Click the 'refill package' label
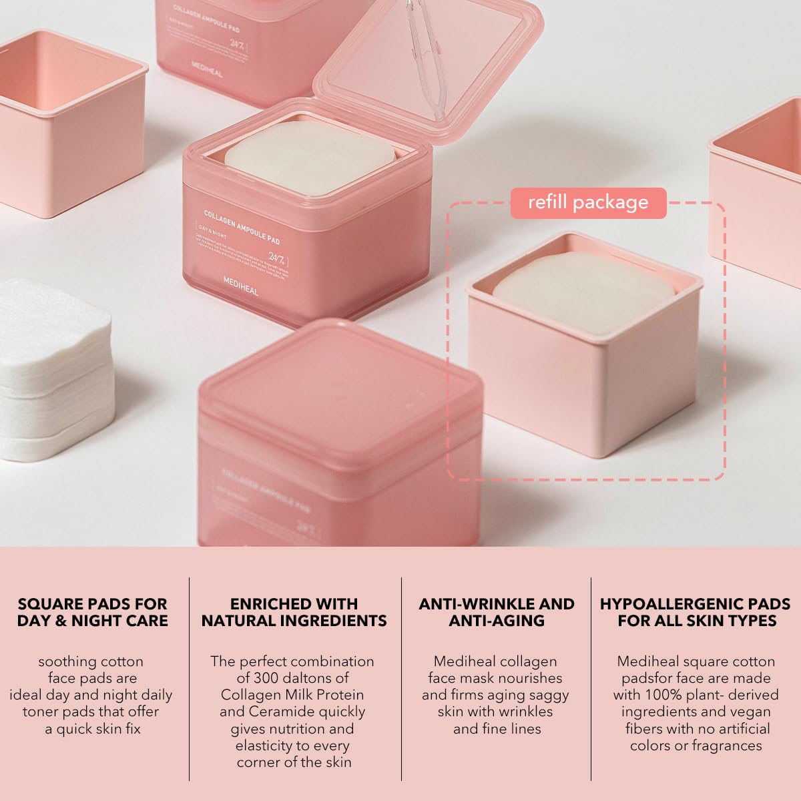pos(588,202)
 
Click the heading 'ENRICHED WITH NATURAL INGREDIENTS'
pos(294,612)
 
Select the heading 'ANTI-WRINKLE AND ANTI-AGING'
pos(497,612)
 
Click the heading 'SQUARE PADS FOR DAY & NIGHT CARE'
pos(92,612)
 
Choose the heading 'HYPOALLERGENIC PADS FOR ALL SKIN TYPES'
pos(696,612)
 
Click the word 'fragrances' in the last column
pos(725,745)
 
